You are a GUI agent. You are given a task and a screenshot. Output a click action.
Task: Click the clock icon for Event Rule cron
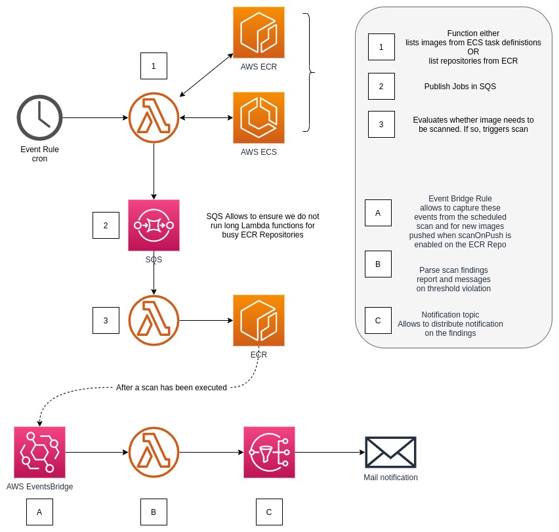39,118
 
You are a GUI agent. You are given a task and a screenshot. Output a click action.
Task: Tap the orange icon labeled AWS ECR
259,32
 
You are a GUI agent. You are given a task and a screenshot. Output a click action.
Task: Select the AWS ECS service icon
259,117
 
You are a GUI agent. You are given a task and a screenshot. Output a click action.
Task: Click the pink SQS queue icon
154,226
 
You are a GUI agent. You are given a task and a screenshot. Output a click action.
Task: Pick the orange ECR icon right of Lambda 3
259,321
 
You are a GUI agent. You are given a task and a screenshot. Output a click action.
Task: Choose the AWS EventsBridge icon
39,452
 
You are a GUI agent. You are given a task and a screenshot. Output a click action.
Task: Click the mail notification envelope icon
390,452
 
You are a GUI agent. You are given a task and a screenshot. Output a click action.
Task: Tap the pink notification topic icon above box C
269,452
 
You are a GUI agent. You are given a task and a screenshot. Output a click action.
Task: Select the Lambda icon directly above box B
154,452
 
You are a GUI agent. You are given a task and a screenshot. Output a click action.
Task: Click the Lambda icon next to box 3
154,321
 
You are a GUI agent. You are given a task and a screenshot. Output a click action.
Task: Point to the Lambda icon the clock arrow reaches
154,118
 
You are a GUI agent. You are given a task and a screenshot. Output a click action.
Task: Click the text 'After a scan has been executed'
171,388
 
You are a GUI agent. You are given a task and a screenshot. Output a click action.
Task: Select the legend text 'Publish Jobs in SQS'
459,86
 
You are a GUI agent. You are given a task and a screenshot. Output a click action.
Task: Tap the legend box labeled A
377,213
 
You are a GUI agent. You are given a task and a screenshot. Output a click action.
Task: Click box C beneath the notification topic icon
269,512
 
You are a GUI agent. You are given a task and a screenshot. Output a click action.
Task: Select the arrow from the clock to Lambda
95,118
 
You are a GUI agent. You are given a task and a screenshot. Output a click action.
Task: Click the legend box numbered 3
381,124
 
